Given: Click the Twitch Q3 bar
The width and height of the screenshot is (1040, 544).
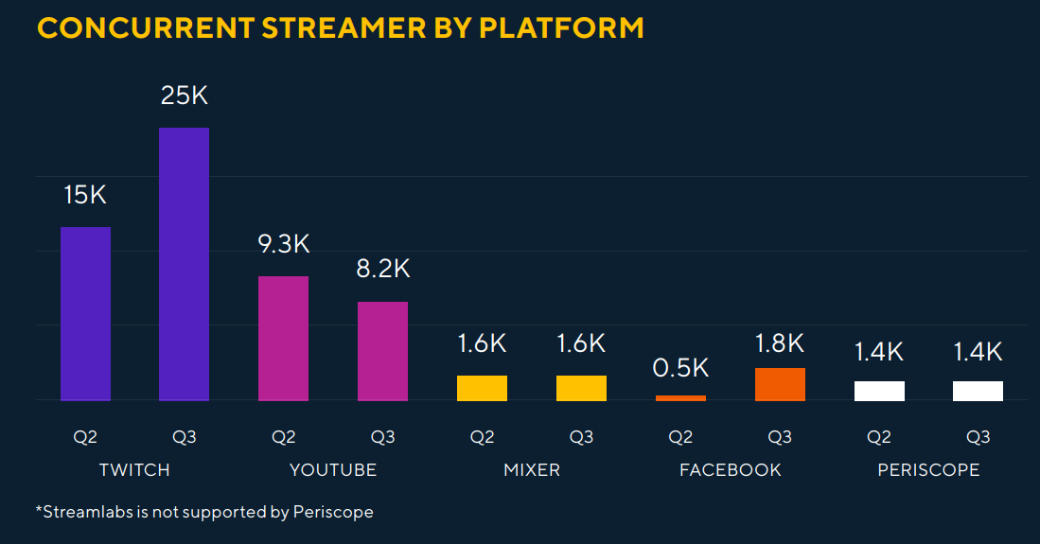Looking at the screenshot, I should pos(184,264).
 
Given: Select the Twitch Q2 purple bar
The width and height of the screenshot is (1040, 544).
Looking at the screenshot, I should pos(85,313).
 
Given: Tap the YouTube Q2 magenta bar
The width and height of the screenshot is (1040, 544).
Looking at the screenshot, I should pos(283,338).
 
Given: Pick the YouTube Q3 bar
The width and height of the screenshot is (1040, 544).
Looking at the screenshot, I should pos(382,351).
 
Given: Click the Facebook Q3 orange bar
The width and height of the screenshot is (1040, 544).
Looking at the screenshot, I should pos(779,384).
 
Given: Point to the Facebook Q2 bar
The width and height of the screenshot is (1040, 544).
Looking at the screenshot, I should pos(680,398).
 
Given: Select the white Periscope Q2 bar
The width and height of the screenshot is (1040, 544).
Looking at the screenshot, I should pos(878,391).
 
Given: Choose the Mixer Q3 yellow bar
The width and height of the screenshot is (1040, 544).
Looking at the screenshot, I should pos(581,388).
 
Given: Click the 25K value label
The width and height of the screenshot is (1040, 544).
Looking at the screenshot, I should pos(184,96).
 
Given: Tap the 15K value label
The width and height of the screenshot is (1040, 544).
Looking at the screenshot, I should pos(85,196).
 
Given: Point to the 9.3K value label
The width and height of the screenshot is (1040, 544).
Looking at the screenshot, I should pos(283,244).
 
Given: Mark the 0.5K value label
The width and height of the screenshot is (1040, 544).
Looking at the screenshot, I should pos(680,367).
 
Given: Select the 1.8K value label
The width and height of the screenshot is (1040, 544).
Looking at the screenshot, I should pos(779,342).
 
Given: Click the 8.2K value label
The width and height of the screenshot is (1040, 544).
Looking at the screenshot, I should pos(382,269).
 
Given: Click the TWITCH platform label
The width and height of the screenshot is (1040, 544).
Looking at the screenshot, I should pos(134,469).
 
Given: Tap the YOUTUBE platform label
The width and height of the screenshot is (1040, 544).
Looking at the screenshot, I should pos(333,469).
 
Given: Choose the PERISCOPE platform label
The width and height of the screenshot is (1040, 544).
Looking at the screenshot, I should pos(927,469).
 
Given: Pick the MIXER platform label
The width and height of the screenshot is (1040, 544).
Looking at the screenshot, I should pos(532,469).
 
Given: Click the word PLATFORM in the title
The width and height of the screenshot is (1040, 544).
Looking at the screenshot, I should pos(561,27).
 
